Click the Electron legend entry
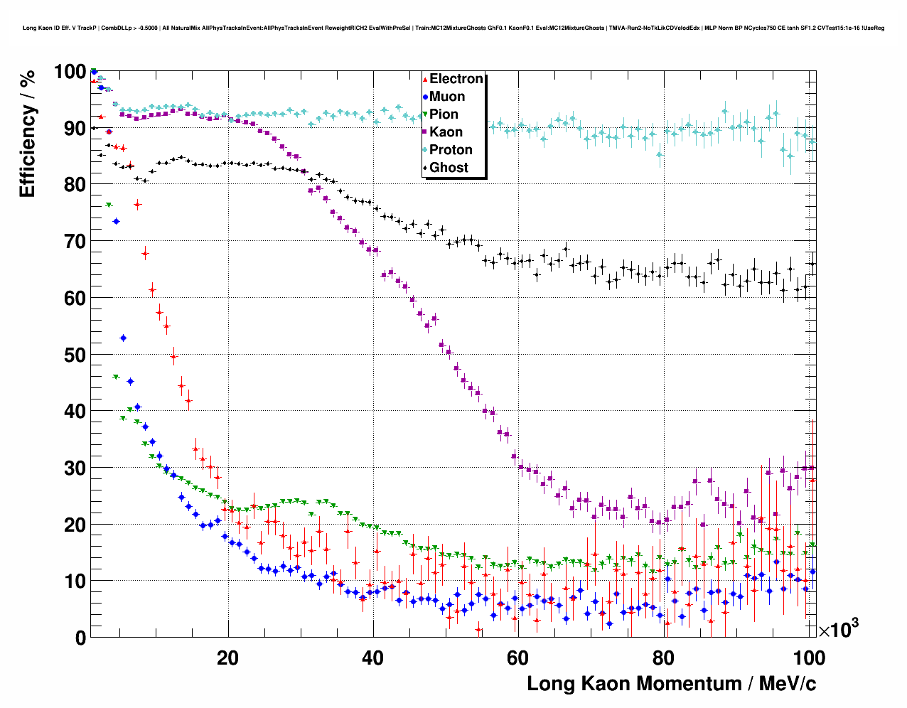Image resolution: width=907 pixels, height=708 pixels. pos(456,79)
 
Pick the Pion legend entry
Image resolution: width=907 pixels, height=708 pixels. pos(444,114)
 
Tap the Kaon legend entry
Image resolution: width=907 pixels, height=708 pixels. pos(446,132)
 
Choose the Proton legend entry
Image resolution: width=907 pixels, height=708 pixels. pos(451,150)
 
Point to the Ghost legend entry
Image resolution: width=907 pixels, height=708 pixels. pos(449,168)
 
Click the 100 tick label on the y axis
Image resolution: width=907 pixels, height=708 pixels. pos(70,72)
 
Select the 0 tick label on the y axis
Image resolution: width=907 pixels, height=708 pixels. pos(80,638)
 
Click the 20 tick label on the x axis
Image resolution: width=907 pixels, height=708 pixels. pos(227,658)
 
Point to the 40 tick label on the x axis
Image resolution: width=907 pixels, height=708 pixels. pos(372,658)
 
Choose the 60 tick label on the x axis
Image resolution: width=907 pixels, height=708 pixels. pos(517,658)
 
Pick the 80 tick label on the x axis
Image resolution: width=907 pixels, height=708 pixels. pos(662,658)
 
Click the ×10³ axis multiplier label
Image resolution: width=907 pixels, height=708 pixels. pos(838,629)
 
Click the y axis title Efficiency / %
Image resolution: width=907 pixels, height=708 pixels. pos(27,134)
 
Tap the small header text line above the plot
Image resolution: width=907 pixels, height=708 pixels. pos(453,28)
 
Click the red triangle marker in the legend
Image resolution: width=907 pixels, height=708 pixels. pos(425,79)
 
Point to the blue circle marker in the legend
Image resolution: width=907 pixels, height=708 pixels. pos(425,97)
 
